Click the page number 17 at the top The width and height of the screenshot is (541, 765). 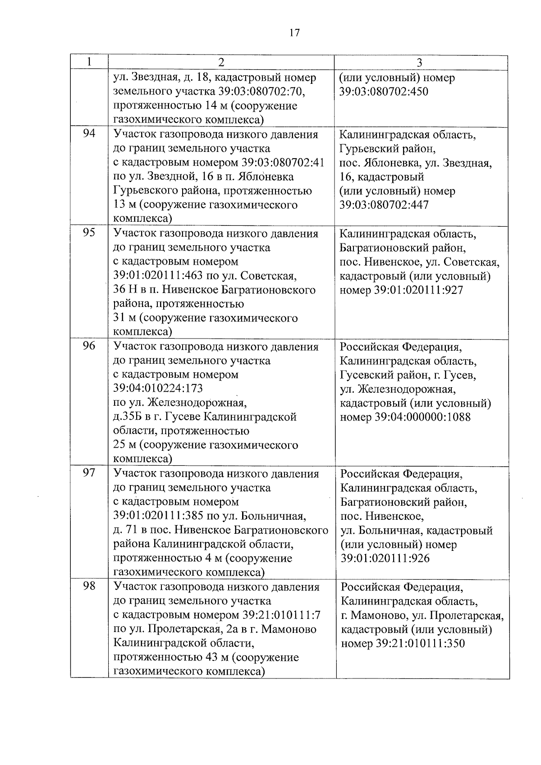tap(294, 33)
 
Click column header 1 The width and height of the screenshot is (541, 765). tap(89, 62)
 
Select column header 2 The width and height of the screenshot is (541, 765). tap(221, 62)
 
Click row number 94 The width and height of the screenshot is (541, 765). tap(89, 134)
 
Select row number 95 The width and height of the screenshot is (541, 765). tap(89, 233)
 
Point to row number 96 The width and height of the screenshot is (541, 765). tap(89, 346)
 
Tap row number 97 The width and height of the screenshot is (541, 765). tap(89, 473)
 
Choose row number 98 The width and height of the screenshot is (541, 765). tap(89, 586)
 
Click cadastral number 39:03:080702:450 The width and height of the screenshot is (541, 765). tap(383, 92)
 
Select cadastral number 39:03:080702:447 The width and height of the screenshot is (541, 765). tap(383, 205)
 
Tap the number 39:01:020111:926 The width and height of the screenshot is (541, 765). tap(385, 559)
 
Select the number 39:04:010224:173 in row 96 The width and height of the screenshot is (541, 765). tap(158, 388)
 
